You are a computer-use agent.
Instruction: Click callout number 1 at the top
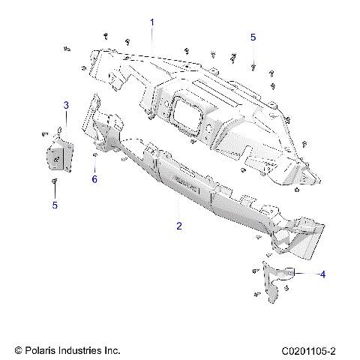click(x=152, y=22)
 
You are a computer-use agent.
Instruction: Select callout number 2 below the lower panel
click(x=178, y=225)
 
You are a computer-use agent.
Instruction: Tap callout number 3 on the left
click(x=65, y=105)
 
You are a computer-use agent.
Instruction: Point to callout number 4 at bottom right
click(x=322, y=274)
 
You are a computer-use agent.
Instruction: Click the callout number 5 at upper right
click(x=253, y=37)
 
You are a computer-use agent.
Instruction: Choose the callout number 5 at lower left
click(x=53, y=205)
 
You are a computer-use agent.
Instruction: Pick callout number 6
click(x=94, y=179)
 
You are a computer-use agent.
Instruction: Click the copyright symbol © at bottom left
click(x=19, y=350)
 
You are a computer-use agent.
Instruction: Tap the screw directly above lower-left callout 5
click(x=54, y=182)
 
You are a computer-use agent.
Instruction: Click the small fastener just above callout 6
click(x=95, y=155)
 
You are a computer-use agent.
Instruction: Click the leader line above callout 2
click(x=178, y=206)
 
